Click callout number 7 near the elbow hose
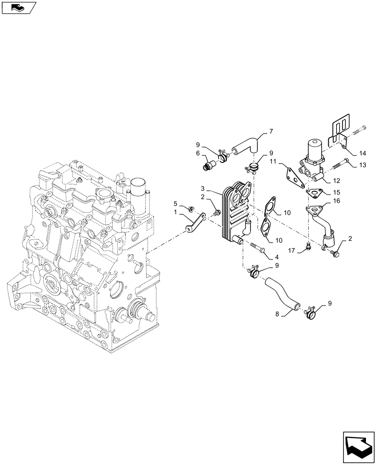pyautogui.click(x=270, y=131)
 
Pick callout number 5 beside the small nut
pyautogui.click(x=175, y=203)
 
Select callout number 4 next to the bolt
pyautogui.click(x=277, y=257)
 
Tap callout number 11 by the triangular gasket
pyautogui.click(x=274, y=161)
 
